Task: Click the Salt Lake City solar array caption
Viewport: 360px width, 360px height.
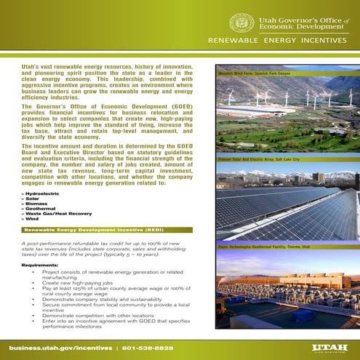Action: [254, 158]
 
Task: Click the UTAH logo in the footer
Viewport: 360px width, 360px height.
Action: [325, 348]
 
